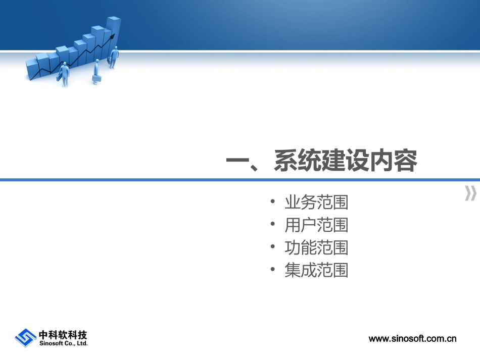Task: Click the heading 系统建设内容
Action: (346, 162)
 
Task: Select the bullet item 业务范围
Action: (316, 203)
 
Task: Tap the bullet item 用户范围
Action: (316, 225)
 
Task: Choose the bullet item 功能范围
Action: (316, 248)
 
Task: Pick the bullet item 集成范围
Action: (316, 271)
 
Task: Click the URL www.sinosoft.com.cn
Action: (412, 339)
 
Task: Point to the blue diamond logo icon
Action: (25, 337)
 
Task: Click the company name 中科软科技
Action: (63, 334)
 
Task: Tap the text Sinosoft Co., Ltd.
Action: (63, 343)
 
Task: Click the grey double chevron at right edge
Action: (470, 193)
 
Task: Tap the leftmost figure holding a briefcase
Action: (64, 74)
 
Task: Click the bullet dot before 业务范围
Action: (273, 203)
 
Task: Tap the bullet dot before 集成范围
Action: (273, 271)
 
